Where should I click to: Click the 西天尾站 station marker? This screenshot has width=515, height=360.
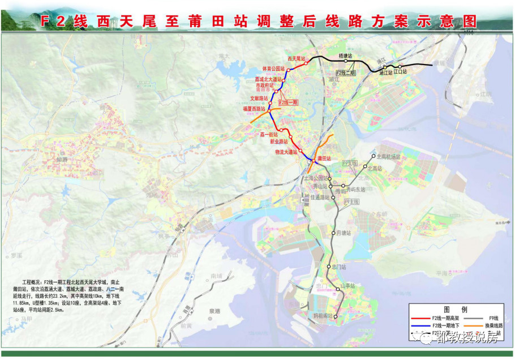coord(306,63)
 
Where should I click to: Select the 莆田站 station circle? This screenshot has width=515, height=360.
coord(313,161)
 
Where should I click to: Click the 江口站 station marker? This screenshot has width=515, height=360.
coord(400,67)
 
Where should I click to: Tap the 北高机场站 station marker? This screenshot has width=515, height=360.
coord(372,157)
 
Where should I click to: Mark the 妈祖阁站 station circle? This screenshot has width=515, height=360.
coord(336,316)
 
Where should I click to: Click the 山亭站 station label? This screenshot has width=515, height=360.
coord(347,286)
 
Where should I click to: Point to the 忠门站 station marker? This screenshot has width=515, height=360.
coord(329,267)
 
